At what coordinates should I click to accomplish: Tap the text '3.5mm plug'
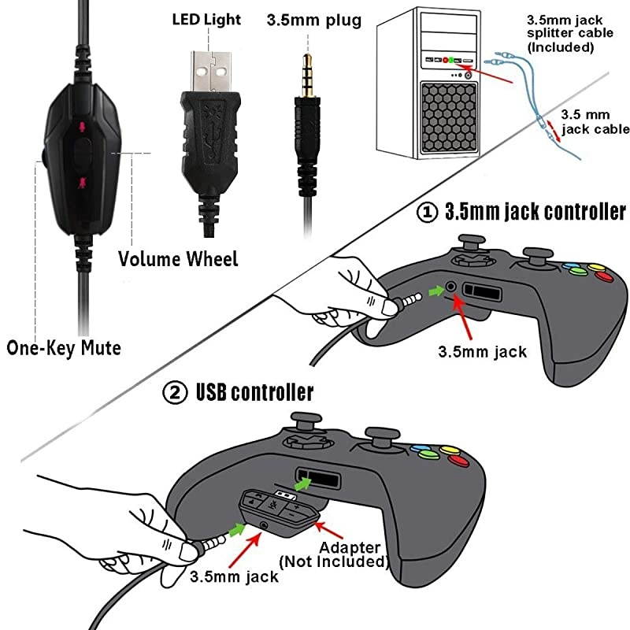click(314, 20)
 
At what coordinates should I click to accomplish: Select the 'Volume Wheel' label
click(178, 258)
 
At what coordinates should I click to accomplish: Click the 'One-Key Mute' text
click(65, 346)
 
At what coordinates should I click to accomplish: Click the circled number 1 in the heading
click(429, 213)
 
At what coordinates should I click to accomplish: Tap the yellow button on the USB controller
click(451, 452)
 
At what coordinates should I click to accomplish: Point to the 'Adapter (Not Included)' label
click(335, 554)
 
